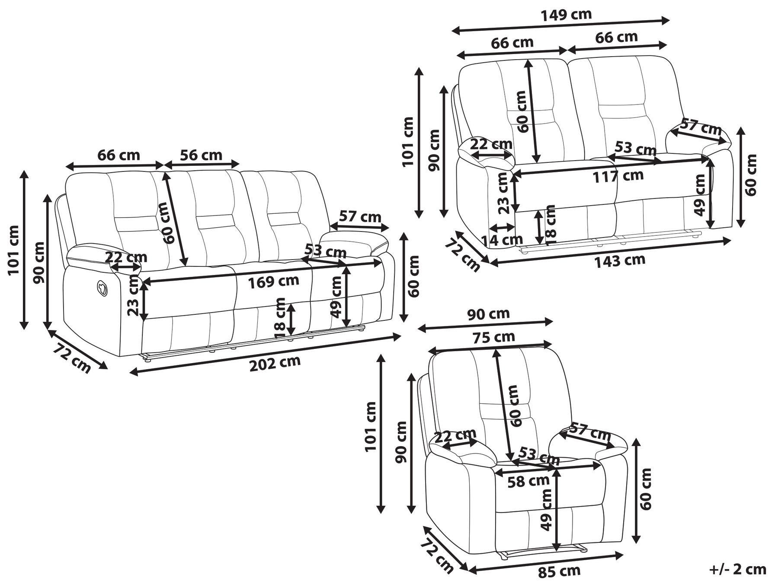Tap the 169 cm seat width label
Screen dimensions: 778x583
point(273,282)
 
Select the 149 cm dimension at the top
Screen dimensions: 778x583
point(566,15)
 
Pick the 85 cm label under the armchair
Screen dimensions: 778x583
point(559,572)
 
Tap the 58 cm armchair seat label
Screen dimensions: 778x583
point(528,481)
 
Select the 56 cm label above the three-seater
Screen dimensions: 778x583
point(201,155)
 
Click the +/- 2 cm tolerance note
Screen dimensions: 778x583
point(738,569)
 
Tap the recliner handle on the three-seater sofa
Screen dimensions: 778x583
point(102,288)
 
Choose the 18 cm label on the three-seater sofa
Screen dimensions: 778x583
point(280,318)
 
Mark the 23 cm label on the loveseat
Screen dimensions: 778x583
point(502,193)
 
